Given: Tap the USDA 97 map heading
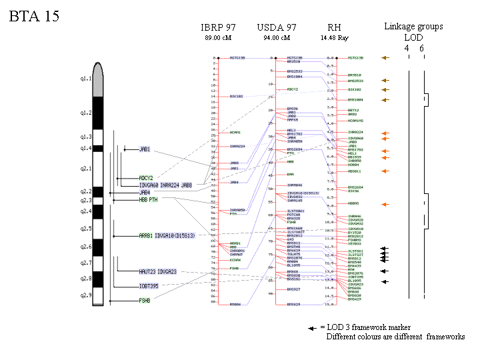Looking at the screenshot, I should tap(277, 27).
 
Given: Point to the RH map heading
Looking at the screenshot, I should tap(334, 27).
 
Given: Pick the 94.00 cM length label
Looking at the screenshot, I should tap(277, 38).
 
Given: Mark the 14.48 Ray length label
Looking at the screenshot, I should tap(334, 38).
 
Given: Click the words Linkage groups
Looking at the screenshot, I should tap(413, 27).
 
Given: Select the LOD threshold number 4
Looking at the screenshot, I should tap(407, 48).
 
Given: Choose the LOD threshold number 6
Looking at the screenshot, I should tap(421, 48).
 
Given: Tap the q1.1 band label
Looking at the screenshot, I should tap(85, 79).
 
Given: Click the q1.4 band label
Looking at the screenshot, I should tap(85, 148).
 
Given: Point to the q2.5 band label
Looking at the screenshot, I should tap(85, 229).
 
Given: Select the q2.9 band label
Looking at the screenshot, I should tap(85, 295).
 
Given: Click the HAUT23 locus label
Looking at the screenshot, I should tap(147, 271).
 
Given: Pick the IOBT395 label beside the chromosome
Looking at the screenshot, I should tap(149, 286).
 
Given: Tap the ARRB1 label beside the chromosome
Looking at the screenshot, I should tap(145, 235).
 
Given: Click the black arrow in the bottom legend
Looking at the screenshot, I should tap(312, 328).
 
